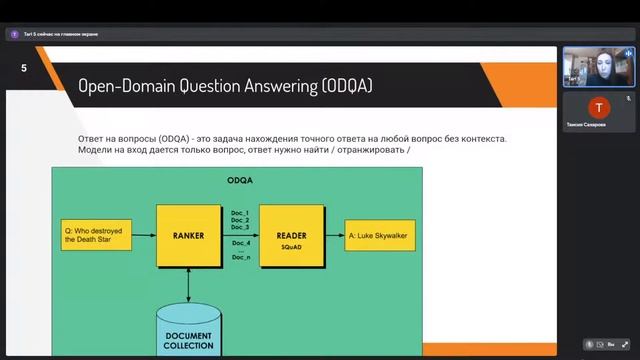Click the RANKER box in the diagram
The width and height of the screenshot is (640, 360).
188,236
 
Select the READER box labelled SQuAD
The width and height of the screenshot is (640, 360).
292,236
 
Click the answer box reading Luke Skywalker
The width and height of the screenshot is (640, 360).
382,236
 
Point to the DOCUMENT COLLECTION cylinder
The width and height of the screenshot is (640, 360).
188,331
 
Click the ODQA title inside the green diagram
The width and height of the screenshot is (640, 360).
239,179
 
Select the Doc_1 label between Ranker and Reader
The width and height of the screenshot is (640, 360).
240,213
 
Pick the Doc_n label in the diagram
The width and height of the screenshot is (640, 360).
240,257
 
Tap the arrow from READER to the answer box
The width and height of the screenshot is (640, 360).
334,236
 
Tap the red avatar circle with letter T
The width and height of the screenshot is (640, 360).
598,107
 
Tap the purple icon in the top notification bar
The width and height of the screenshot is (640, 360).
14,34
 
